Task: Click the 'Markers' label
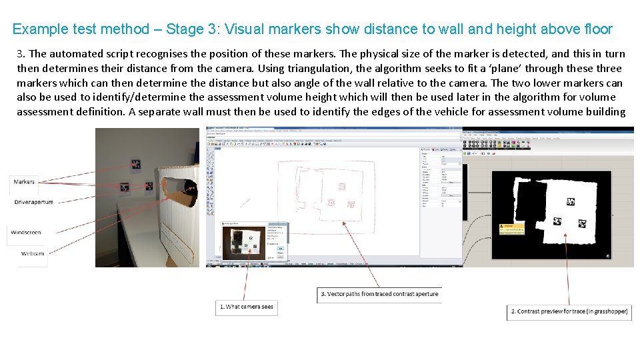point(25,181)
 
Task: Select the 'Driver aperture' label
point(34,202)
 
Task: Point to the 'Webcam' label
point(33,254)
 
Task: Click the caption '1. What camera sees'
point(247,307)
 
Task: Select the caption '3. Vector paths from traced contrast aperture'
point(379,294)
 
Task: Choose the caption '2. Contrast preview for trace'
point(569,311)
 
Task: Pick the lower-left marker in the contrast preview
point(557,221)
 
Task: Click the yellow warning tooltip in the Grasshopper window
point(511,229)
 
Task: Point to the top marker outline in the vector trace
point(342,187)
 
